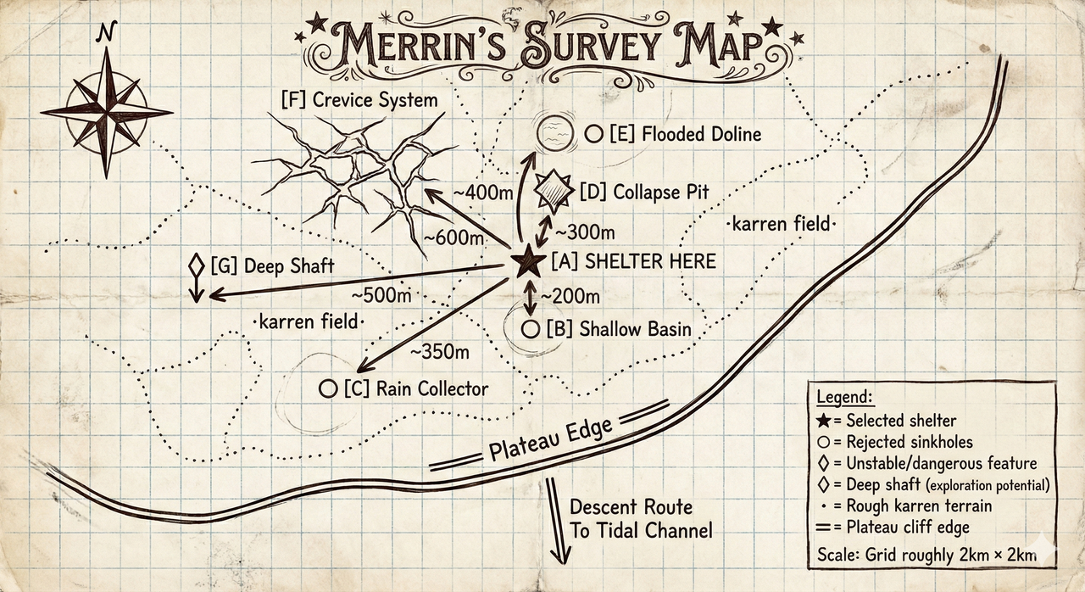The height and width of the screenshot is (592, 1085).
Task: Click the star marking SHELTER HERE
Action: click(529, 262)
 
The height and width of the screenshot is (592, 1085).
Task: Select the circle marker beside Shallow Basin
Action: click(531, 329)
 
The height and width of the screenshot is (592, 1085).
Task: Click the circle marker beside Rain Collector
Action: click(328, 388)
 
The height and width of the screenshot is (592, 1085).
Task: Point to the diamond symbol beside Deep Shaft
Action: click(196, 266)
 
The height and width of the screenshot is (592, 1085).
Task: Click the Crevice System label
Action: click(359, 100)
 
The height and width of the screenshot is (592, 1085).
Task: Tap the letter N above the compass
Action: click(106, 32)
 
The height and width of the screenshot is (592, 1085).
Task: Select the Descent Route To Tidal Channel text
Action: click(641, 519)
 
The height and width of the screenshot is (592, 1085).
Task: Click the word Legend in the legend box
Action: click(844, 398)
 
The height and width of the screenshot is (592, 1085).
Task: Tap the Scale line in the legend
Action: click(926, 555)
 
